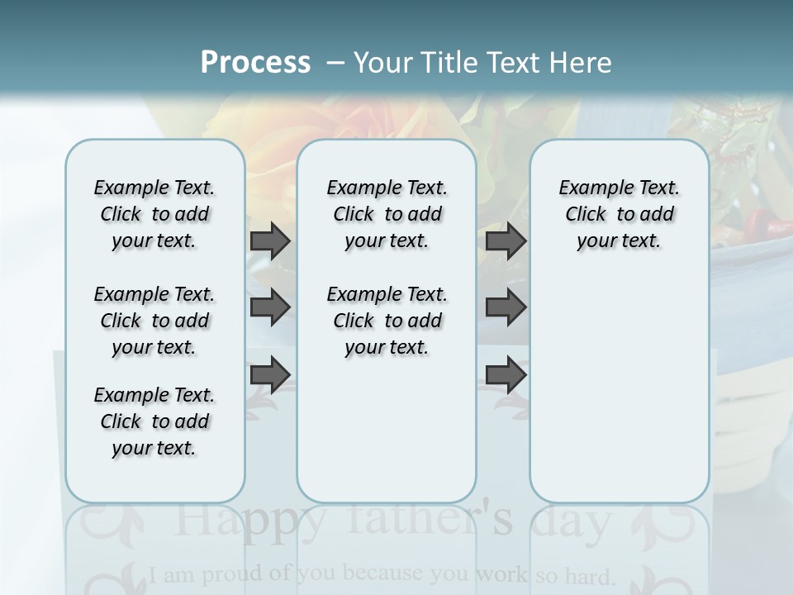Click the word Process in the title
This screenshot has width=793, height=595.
coord(255,62)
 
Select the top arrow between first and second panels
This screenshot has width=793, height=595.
coord(270,240)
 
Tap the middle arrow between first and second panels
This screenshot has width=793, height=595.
coord(270,307)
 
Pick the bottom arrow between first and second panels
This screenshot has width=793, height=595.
coord(270,374)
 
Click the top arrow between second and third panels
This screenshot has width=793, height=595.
coord(506,240)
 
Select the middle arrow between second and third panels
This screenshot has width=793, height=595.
coord(506,307)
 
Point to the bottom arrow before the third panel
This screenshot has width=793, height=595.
coord(506,374)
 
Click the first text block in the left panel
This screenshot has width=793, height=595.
coord(154,214)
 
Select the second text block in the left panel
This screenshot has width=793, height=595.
coord(154,321)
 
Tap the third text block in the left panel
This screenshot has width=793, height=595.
coord(154,421)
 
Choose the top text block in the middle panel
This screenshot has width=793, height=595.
coord(387,214)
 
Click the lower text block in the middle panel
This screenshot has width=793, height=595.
coord(387,321)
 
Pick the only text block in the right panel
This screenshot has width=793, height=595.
coord(619,214)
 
